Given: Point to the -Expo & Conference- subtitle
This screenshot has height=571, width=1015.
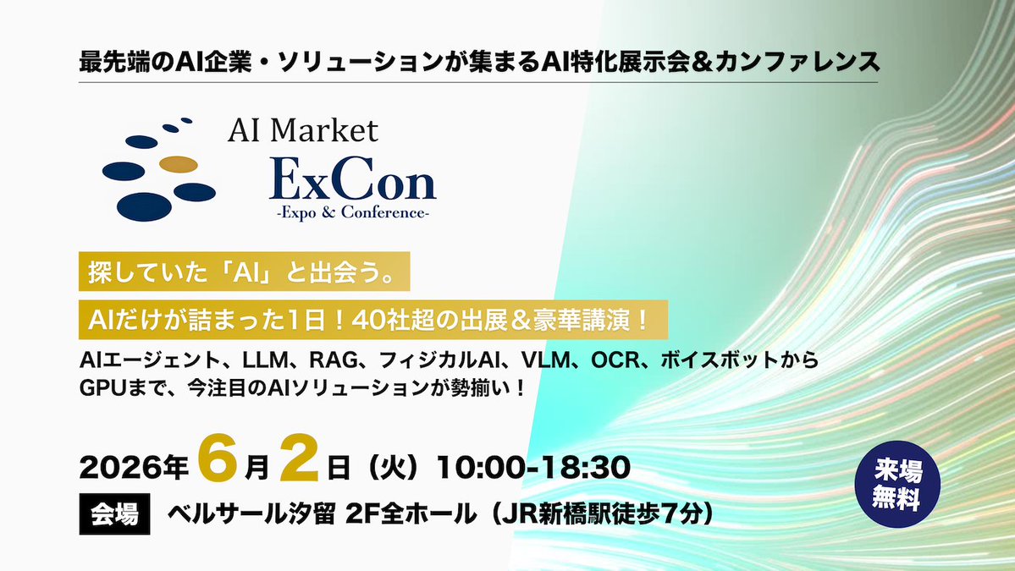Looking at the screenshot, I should click(x=351, y=213).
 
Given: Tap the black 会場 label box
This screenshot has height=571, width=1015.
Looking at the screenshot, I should click(x=114, y=513).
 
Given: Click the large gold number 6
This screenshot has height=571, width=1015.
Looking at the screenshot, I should click(x=212, y=464).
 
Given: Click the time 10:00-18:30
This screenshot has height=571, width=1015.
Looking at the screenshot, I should click(x=533, y=466).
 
